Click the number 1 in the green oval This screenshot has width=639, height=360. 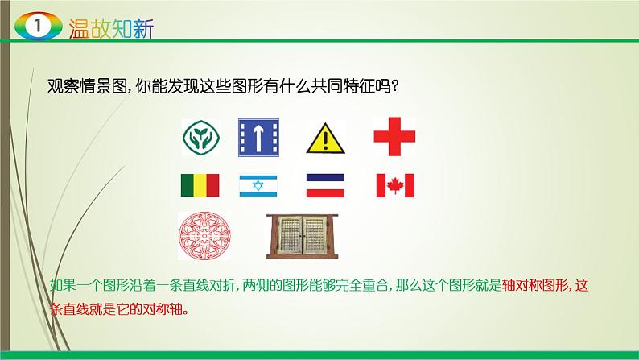(x=33, y=26)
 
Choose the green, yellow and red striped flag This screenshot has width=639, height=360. (x=197, y=186)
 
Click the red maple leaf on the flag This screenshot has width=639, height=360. (x=394, y=186)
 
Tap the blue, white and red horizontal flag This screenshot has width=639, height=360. (x=326, y=186)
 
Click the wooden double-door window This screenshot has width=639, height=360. (x=303, y=234)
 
